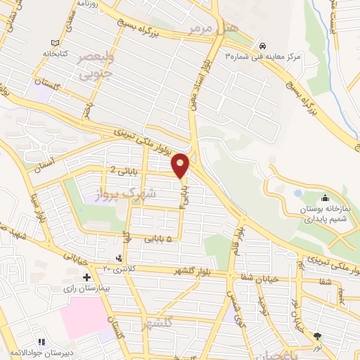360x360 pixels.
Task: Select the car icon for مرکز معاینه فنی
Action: click(262, 42)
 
